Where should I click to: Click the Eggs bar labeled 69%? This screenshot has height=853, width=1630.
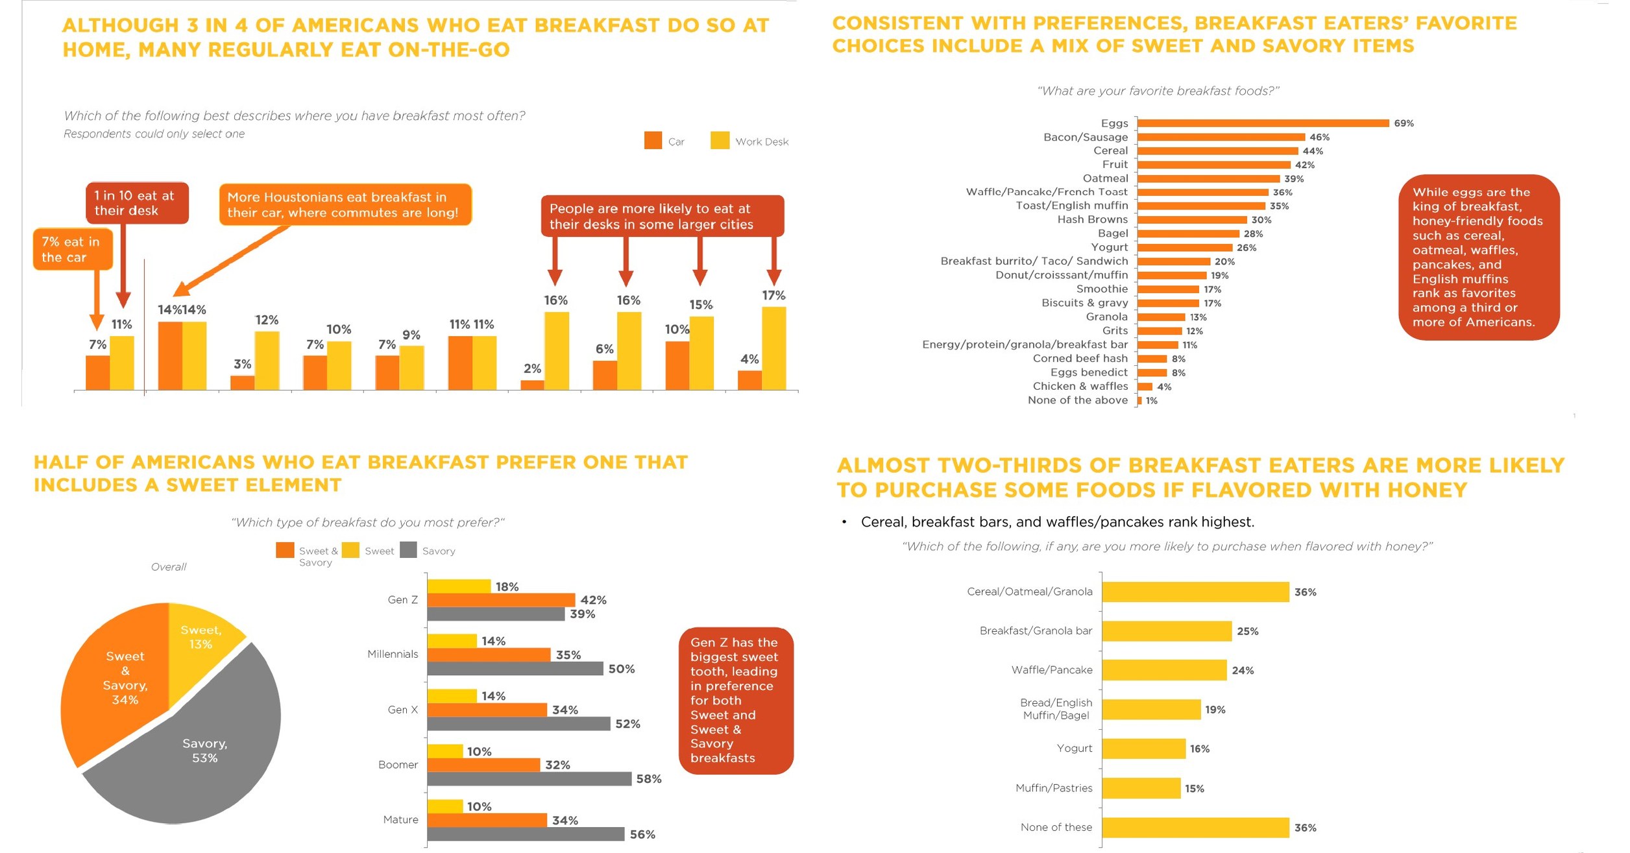point(1262,123)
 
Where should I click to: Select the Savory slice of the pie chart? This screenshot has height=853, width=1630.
point(195,759)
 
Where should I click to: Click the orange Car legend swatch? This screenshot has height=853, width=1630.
point(653,141)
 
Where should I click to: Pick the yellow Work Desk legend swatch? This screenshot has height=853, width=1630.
point(720,141)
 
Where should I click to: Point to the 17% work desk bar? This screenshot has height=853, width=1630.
point(773,348)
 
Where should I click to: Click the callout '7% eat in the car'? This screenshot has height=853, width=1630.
point(72,249)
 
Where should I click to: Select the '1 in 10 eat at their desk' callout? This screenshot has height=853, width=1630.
point(136,203)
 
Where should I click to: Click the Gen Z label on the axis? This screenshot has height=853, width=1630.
point(402,600)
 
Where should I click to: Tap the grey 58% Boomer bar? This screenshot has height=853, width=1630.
point(529,779)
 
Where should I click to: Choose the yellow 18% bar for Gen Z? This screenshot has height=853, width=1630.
point(459,586)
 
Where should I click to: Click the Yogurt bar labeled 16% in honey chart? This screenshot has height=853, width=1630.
point(1143,749)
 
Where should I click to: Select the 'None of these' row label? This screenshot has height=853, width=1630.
point(1056,827)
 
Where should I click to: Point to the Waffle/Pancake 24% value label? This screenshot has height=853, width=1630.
point(1243,671)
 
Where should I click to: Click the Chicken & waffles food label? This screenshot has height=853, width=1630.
point(1080,387)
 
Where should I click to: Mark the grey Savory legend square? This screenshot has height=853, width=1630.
point(408,550)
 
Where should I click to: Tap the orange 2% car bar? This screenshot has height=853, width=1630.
point(532,385)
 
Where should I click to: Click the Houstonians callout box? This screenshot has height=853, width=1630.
point(345,205)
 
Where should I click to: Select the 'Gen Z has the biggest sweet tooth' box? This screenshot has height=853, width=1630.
point(735,701)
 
